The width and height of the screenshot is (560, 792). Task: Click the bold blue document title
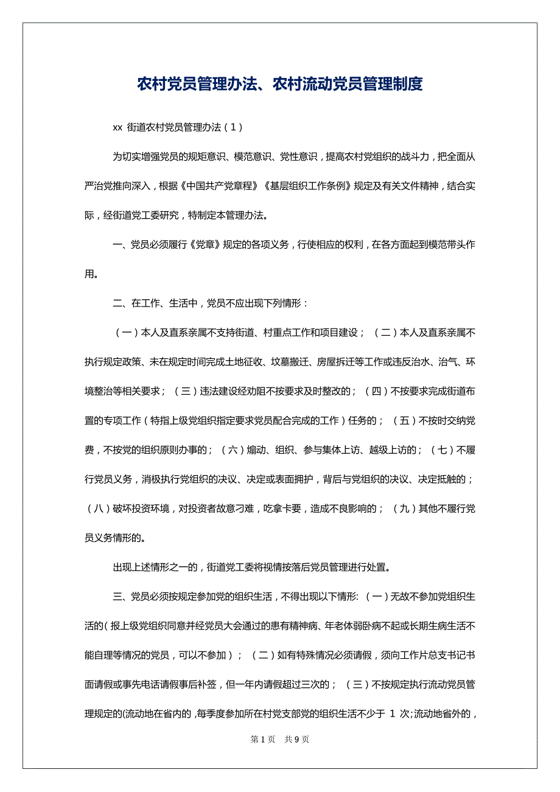(279, 84)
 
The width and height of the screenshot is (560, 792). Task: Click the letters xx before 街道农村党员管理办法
(118, 127)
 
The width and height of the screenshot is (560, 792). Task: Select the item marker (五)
(405, 420)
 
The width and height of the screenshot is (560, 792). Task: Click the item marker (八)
(99, 509)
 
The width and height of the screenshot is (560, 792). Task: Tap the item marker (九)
(404, 509)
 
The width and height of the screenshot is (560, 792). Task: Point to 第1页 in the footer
(263, 739)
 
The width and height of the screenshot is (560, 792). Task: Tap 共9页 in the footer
(297, 739)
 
